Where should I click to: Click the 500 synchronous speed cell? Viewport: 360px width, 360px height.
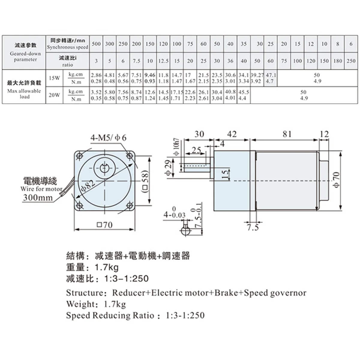96,44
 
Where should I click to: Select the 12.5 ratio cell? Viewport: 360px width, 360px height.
163,61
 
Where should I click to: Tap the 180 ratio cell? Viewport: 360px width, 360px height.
337,61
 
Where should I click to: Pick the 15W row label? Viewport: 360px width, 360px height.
54,78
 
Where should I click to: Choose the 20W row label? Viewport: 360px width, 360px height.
54,95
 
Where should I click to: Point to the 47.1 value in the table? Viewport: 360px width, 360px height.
271,75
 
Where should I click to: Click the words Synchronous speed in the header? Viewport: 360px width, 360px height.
67,47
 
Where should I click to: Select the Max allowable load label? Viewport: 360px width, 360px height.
25,94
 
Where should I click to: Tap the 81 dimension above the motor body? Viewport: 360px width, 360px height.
287,134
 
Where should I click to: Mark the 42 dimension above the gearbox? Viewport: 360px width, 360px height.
232,134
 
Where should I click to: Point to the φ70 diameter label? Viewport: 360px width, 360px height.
336,180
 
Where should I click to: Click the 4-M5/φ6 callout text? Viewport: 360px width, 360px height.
109,138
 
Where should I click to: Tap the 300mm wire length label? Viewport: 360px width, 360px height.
38,197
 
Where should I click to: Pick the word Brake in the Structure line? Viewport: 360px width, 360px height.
226,292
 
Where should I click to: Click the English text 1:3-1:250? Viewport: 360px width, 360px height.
185,315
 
